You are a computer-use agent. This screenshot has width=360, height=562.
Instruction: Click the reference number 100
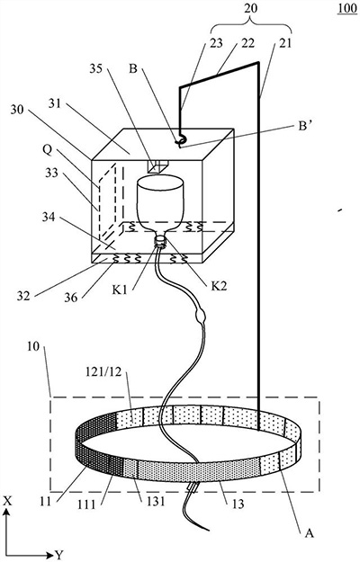pyautogui.click(x=347, y=8)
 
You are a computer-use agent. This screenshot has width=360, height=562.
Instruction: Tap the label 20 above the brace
pyautogui.click(x=251, y=8)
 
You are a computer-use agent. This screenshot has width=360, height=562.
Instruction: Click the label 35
pyautogui.click(x=96, y=68)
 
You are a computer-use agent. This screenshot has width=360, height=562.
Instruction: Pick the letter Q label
pyautogui.click(x=48, y=150)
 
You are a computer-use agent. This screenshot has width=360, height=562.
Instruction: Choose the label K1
pyautogui.click(x=121, y=290)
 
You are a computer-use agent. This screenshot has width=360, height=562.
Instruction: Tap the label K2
pyautogui.click(x=219, y=286)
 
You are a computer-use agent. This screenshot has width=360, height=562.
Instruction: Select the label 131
pyautogui.click(x=156, y=501)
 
